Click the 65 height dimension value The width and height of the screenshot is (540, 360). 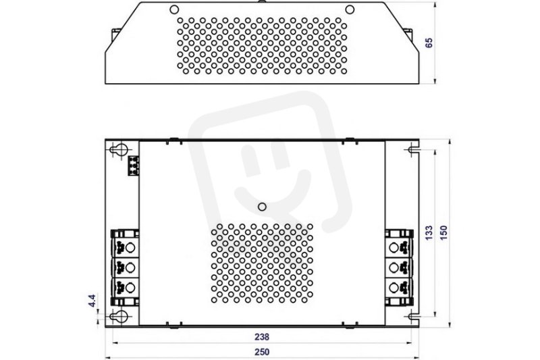(429, 43)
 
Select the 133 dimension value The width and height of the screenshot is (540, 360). (429, 233)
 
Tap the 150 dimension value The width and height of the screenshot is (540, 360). (443, 233)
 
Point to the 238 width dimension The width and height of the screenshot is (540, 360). (262, 336)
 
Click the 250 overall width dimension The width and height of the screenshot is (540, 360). (262, 352)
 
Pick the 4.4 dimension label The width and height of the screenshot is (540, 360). (92, 301)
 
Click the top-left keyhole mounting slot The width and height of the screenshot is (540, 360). (119, 150)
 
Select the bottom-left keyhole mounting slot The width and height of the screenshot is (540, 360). (119, 316)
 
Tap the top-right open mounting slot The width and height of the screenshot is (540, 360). (413, 150)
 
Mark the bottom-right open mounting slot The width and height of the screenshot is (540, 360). (413, 316)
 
